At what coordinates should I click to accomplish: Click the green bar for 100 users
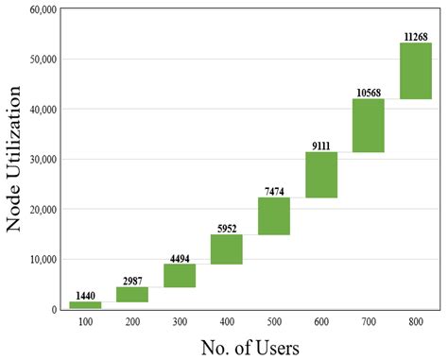tap(85, 305)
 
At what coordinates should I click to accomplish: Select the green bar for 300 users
tap(180, 275)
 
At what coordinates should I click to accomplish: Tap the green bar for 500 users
tap(274, 216)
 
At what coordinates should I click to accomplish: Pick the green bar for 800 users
tap(416, 71)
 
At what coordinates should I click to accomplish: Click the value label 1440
tap(85, 295)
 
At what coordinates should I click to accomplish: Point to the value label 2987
tap(132, 281)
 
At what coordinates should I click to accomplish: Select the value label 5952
tap(227, 228)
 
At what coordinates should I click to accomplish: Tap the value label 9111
tap(321, 145)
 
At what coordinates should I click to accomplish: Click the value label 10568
tap(369, 92)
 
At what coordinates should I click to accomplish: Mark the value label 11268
tap(416, 36)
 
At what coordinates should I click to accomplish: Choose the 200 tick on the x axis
tap(132, 323)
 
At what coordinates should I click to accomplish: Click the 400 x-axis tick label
tap(227, 323)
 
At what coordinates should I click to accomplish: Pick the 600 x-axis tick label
tap(321, 323)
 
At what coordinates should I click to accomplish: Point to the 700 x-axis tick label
tap(369, 323)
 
